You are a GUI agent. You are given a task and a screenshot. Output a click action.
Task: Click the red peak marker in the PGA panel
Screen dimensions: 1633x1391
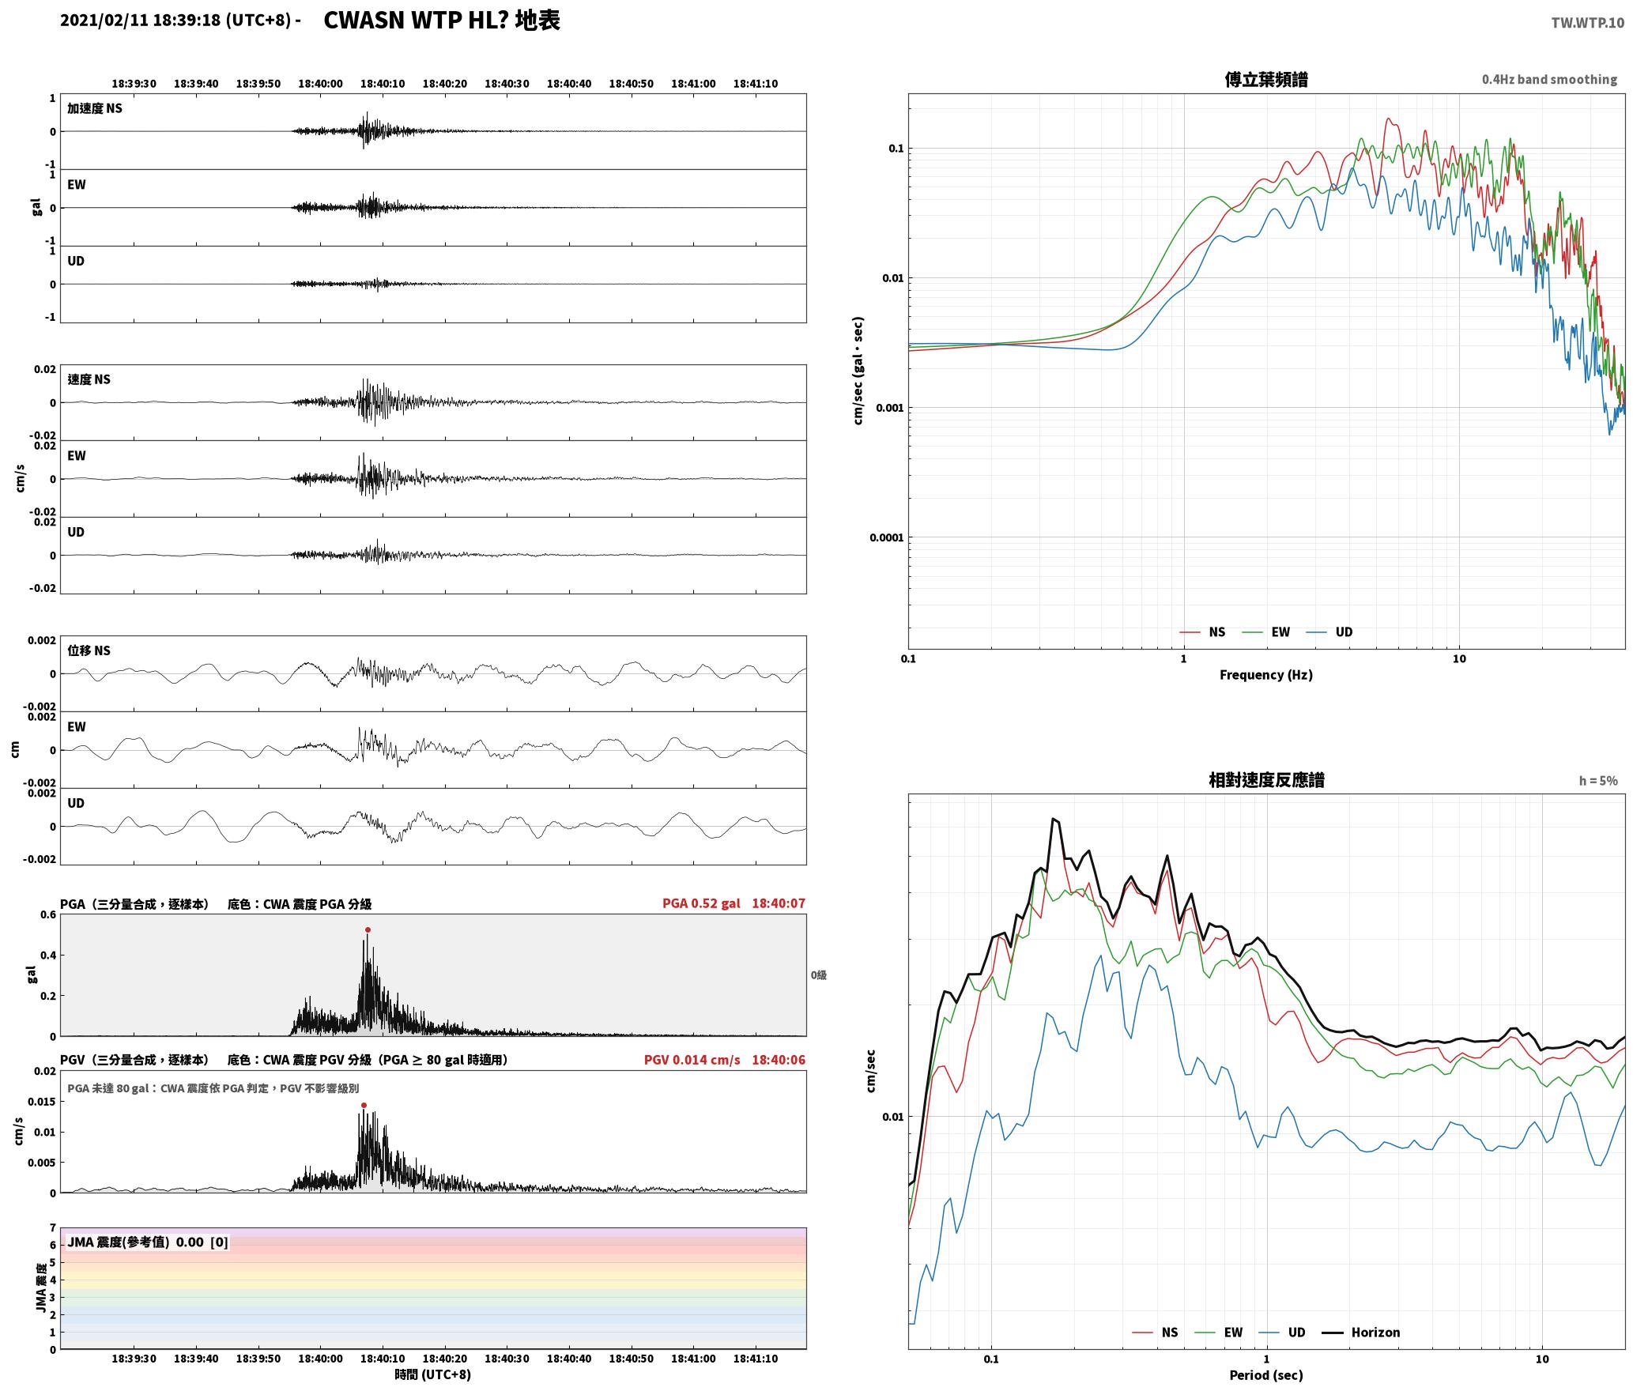(x=368, y=929)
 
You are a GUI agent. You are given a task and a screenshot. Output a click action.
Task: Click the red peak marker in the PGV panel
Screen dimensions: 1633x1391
(x=364, y=1105)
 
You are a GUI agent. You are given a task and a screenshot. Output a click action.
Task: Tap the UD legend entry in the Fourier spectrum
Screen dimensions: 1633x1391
(x=1329, y=631)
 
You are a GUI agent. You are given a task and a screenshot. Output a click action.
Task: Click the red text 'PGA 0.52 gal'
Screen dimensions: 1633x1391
(x=701, y=903)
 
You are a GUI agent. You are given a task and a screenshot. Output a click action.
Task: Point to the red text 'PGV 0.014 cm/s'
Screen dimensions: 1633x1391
(x=692, y=1059)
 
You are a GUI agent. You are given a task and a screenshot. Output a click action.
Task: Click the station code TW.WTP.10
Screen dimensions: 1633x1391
(x=1587, y=22)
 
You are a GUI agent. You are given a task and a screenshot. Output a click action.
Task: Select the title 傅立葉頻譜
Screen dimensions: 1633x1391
(x=1265, y=79)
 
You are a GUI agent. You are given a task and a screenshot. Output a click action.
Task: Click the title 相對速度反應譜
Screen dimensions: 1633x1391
(x=1266, y=779)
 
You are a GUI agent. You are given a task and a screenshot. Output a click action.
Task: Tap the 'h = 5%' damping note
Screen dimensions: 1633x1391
(x=1598, y=781)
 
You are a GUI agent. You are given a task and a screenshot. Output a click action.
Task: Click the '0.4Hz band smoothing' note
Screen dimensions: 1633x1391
(x=1549, y=79)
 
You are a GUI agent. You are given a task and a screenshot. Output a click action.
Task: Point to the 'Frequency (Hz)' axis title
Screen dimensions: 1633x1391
(x=1265, y=674)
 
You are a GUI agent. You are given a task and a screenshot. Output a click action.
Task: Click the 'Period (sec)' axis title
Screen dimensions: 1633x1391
(x=1265, y=1375)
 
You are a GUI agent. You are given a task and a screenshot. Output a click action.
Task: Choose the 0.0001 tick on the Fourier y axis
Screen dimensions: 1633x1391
(x=887, y=537)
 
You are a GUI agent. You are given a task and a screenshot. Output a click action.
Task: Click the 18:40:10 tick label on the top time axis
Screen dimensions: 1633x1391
(x=383, y=83)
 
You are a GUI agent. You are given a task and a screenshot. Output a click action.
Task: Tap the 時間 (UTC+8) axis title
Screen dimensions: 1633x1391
(x=433, y=1374)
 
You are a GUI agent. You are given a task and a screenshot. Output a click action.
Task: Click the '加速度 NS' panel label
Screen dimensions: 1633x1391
(x=95, y=108)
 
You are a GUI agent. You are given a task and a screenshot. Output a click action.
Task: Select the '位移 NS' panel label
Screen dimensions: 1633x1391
(x=89, y=650)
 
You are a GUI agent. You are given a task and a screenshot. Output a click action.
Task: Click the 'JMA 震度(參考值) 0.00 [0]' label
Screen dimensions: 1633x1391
(x=148, y=1242)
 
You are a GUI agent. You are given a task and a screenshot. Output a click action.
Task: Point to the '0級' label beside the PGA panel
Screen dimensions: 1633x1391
(x=818, y=975)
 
